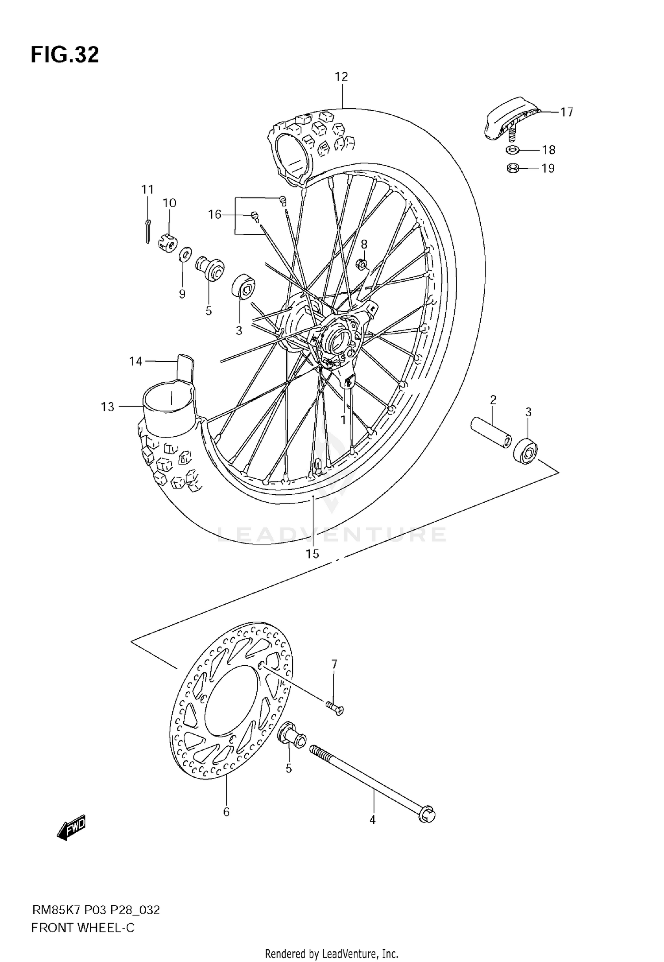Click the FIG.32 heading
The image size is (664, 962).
coord(65,55)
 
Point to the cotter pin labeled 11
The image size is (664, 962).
coord(148,231)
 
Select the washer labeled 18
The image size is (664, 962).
coord(512,150)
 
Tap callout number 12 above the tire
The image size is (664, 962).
coord(341,77)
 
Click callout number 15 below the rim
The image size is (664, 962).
coord(313,554)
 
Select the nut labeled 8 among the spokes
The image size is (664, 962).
coord(362,265)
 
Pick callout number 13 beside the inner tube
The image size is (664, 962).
coord(108,407)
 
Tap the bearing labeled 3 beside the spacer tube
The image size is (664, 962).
coord(525,451)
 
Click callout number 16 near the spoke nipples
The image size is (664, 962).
coord(215,215)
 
